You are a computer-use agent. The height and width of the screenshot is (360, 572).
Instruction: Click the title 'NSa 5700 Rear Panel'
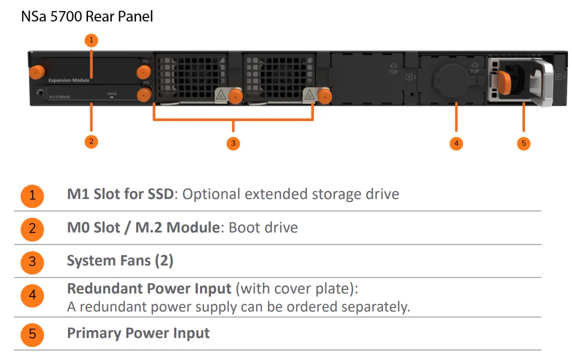(x=87, y=16)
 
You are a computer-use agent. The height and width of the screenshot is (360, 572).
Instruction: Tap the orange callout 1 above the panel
(x=91, y=39)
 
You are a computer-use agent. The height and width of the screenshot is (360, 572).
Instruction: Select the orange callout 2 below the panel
(x=91, y=141)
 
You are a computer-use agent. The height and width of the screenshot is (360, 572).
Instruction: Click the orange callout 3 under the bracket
(x=233, y=143)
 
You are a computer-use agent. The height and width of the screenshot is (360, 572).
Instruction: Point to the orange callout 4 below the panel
(x=456, y=143)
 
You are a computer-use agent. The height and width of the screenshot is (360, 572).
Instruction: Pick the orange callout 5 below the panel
(x=523, y=143)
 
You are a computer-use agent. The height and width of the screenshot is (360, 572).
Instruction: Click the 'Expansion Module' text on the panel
(x=69, y=80)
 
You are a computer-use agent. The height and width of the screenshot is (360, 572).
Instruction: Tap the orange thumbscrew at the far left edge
(x=35, y=72)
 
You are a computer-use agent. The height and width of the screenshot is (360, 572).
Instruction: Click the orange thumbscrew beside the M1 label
(x=145, y=73)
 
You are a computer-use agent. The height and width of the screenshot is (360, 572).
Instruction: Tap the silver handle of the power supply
(x=545, y=82)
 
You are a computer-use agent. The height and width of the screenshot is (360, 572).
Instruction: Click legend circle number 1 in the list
(x=32, y=195)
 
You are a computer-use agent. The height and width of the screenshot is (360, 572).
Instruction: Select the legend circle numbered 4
(x=32, y=295)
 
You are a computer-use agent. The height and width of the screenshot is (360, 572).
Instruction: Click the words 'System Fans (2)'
(x=120, y=260)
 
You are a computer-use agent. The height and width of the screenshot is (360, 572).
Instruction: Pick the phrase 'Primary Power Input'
(x=138, y=333)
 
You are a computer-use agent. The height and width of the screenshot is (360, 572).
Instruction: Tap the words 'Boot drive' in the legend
(x=263, y=227)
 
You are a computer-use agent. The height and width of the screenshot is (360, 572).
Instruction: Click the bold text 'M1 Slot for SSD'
(x=120, y=194)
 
